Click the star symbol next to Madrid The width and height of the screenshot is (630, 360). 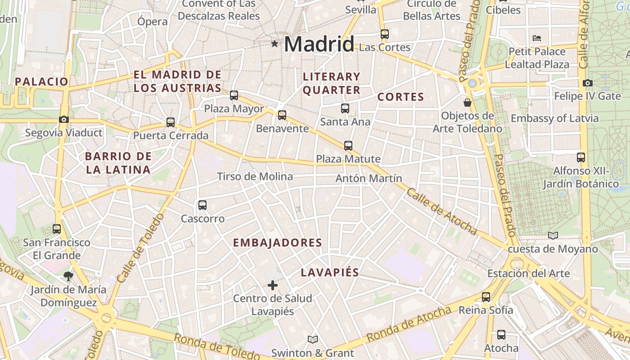(274, 44)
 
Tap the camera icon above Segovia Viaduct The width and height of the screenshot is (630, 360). (63, 119)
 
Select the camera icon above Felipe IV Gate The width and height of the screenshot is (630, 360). (587, 83)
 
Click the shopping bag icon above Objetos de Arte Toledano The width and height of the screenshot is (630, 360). (468, 103)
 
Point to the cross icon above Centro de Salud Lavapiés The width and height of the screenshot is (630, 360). (273, 285)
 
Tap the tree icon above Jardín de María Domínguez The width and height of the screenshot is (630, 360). (68, 276)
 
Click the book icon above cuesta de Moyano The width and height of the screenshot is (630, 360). (553, 235)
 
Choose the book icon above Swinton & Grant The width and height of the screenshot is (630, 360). (313, 339)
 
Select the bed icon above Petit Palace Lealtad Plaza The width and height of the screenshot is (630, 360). (537, 38)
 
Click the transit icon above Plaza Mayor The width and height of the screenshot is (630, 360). (234, 95)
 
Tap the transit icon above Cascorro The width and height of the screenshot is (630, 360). (202, 205)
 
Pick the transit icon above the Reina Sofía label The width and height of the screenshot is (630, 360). (486, 297)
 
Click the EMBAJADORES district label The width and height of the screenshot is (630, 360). (277, 243)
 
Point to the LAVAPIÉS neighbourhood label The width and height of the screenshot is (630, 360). (330, 272)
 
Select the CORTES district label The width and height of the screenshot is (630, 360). (400, 97)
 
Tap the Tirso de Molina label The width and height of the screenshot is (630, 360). (255, 176)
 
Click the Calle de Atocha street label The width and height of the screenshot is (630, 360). (441, 211)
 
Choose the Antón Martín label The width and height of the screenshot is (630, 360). (369, 179)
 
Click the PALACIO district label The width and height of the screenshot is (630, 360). (41, 81)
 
